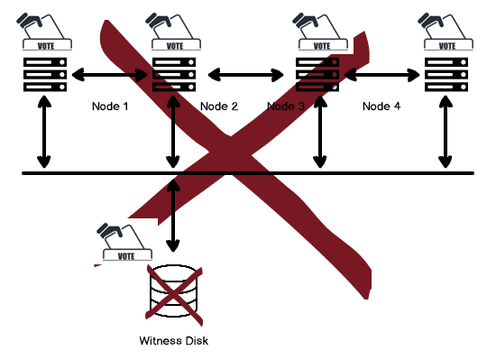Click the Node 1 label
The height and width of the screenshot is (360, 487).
111,106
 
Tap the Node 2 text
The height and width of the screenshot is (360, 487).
218,106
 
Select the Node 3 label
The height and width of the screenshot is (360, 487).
287,106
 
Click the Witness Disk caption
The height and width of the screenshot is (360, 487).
174,341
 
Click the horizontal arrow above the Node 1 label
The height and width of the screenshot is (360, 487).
111,74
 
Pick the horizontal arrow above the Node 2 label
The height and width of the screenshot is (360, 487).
246,74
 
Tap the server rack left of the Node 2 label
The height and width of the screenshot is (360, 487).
173,74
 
